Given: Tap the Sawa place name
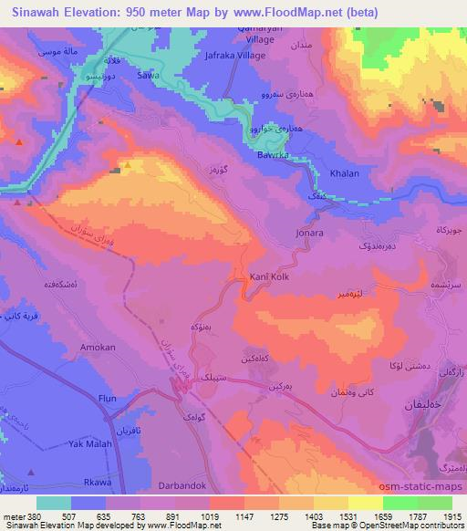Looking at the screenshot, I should click(146, 78).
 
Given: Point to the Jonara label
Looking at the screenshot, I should click(310, 233).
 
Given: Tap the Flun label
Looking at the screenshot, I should click(109, 398).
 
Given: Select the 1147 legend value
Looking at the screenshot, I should click(244, 515).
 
